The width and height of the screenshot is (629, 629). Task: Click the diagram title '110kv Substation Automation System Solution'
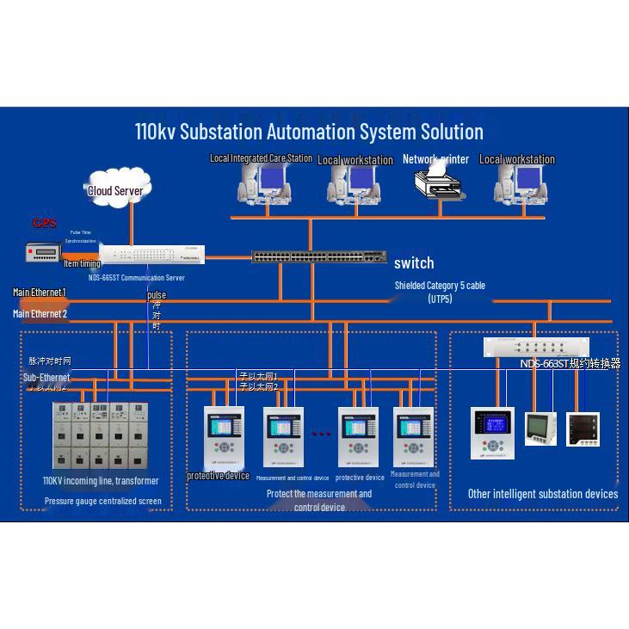click(309, 132)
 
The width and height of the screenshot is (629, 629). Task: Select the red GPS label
click(45, 224)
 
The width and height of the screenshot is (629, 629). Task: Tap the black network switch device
click(319, 256)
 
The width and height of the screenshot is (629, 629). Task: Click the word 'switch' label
click(414, 263)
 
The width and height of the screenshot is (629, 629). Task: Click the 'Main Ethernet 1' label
click(40, 293)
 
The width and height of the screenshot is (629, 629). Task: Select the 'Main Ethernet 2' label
click(40, 314)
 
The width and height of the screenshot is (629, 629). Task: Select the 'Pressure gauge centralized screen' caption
click(102, 501)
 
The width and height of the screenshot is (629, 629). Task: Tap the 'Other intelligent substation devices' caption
click(542, 494)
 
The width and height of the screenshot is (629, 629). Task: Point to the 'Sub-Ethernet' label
click(46, 377)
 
